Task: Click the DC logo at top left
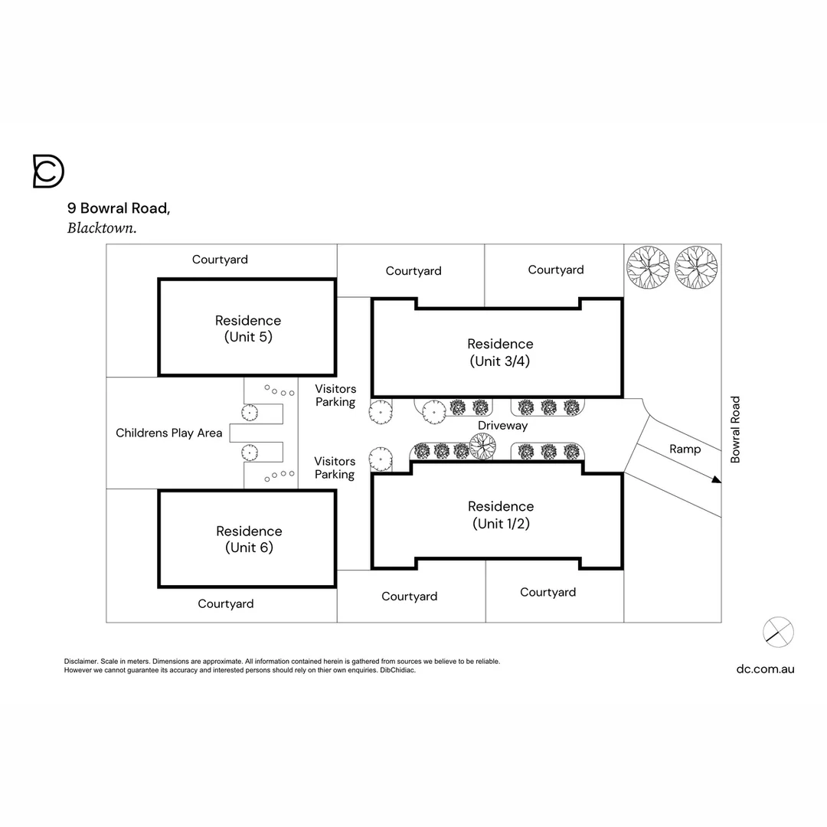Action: [x=48, y=171]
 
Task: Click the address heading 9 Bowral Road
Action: [x=118, y=208]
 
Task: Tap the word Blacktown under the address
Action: [x=101, y=227]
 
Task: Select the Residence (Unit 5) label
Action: [x=248, y=328]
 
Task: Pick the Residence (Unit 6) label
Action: [x=249, y=539]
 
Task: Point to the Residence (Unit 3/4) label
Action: [x=500, y=352]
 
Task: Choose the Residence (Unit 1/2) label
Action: [x=501, y=515]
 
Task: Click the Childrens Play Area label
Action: [x=169, y=433]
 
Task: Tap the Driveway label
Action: [x=502, y=426]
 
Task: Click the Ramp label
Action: [x=685, y=449]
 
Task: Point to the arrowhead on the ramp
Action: [x=716, y=480]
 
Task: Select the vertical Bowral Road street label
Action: [x=735, y=429]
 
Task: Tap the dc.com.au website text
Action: [x=765, y=668]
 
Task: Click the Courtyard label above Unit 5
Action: [x=220, y=260]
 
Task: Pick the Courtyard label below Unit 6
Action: [x=225, y=603]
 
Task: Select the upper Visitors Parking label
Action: [x=335, y=395]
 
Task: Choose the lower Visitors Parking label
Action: [x=335, y=468]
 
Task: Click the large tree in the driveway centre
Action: [x=482, y=446]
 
